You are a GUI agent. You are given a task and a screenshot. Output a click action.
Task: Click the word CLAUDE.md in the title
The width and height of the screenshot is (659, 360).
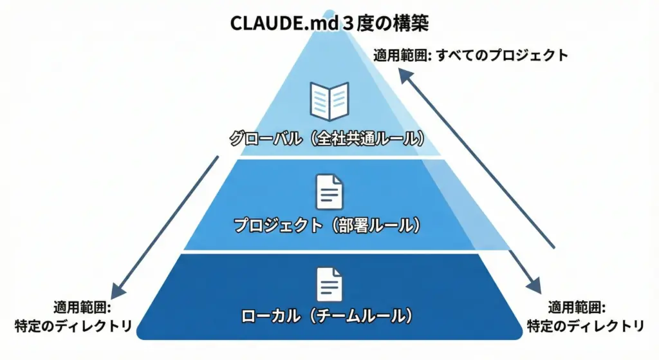[x=270, y=24]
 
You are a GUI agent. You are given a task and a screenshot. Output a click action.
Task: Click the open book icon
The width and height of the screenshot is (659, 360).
[x=329, y=102]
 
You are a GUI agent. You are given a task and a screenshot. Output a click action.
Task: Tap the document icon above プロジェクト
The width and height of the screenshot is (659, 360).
[x=329, y=191]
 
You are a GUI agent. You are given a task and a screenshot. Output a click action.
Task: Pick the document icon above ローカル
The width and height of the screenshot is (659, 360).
[x=329, y=283]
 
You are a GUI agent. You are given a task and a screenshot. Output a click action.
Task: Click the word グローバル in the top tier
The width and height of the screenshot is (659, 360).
[x=264, y=139]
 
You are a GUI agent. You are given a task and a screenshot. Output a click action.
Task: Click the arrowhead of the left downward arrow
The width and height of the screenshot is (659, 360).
[x=116, y=288]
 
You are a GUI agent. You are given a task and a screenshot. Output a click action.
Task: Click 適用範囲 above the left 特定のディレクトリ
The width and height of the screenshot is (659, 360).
[x=82, y=307]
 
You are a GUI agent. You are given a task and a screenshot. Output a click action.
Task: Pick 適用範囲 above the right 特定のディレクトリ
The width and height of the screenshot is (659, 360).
[x=576, y=307]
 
